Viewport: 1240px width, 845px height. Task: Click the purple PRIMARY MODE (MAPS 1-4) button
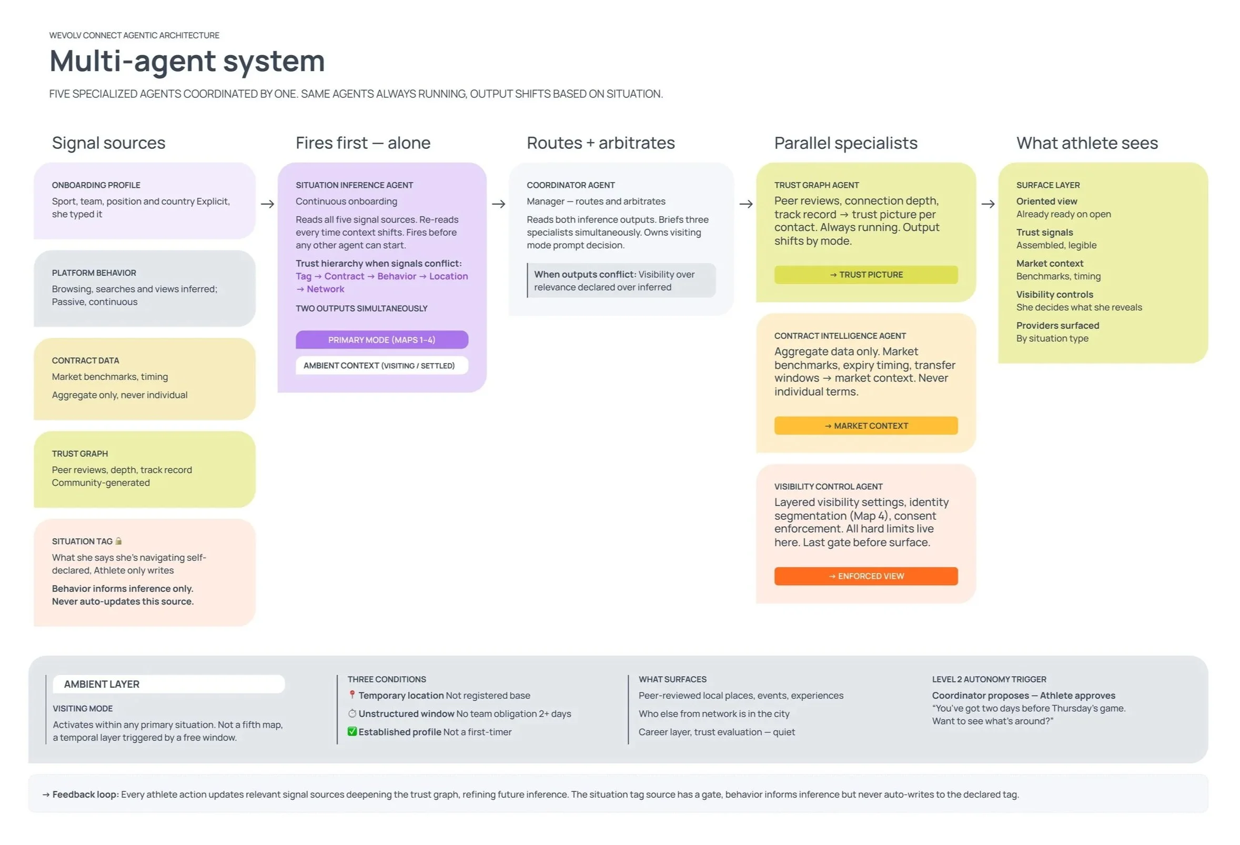(381, 340)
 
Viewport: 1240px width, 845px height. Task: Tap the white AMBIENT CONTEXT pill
(381, 366)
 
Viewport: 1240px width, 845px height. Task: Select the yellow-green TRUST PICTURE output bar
(865, 275)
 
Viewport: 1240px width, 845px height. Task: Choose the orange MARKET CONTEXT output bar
(865, 426)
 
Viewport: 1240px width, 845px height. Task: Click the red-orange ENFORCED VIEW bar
(865, 576)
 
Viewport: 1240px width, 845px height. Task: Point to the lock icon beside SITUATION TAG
(118, 541)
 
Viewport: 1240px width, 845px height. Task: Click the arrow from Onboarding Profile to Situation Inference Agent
(267, 204)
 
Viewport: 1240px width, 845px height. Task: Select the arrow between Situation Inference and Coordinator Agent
(498, 204)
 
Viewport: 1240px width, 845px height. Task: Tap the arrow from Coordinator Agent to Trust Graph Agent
(746, 204)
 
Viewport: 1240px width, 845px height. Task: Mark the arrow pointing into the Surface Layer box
(987, 204)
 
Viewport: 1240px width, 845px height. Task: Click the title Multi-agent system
(187, 61)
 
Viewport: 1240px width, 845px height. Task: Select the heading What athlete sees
(1086, 143)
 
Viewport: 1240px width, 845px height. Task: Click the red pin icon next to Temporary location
(352, 695)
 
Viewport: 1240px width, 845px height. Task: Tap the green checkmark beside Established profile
(352, 731)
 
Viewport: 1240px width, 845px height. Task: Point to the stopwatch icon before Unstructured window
(352, 713)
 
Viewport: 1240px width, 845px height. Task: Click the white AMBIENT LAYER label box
(168, 684)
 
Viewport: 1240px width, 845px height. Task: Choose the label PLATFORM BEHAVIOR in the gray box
(94, 273)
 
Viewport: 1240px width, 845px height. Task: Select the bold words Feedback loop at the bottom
(85, 794)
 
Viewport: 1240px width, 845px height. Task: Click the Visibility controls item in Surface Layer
(1054, 295)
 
